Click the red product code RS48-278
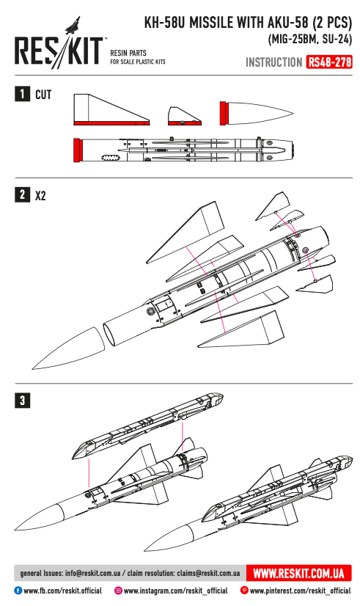coord(330,63)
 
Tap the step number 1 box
coord(23,94)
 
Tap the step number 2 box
coord(23,194)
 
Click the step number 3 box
coord(23,400)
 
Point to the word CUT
coord(44,95)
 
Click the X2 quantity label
coord(42,195)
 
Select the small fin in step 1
coord(184,115)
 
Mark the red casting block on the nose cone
coord(224,113)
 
